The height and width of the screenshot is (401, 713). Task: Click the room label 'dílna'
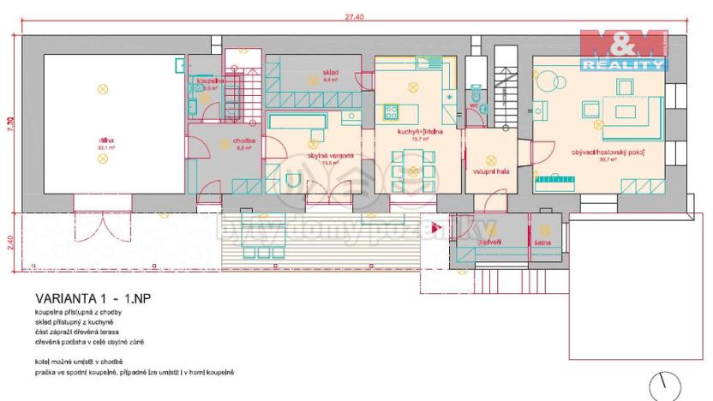tap(105, 141)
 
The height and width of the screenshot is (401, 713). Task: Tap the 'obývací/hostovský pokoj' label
tap(608, 153)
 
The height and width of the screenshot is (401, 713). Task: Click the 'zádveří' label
tap(489, 241)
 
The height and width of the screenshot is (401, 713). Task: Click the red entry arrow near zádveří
tap(435, 229)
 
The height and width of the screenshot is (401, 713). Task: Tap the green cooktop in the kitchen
tap(391, 110)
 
